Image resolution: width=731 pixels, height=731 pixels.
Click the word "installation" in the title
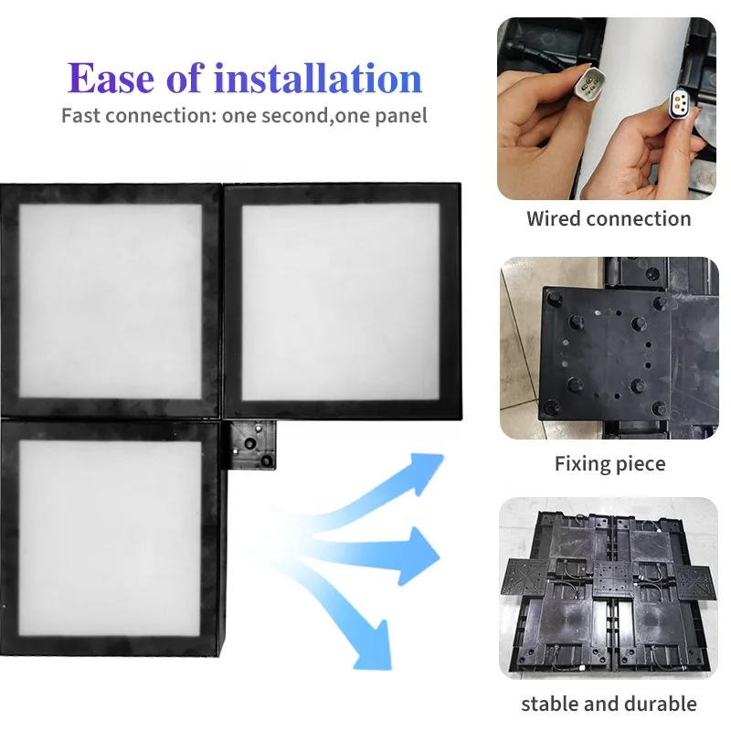click(317, 79)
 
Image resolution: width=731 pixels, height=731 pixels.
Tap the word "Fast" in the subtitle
click(80, 116)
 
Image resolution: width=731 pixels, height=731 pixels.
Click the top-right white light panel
click(340, 300)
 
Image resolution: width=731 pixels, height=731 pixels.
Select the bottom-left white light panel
click(110, 535)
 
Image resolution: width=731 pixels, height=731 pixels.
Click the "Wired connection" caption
click(609, 219)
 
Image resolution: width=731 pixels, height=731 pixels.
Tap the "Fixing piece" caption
click(609, 464)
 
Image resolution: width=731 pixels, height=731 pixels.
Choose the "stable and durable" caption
click(609, 704)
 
